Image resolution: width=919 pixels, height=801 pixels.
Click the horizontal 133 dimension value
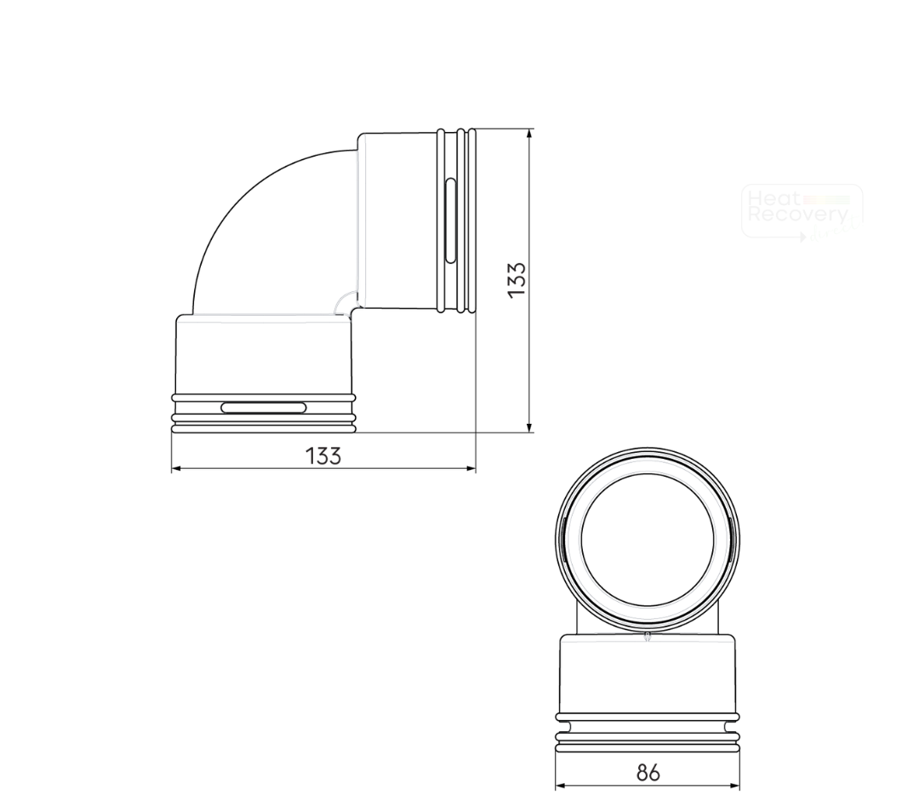(x=323, y=455)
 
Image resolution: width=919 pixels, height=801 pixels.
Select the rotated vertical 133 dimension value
(x=517, y=279)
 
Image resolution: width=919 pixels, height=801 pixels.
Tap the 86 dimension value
(x=648, y=772)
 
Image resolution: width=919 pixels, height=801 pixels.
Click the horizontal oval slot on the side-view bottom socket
(x=264, y=408)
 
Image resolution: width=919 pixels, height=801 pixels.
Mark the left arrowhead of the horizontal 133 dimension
(x=176, y=468)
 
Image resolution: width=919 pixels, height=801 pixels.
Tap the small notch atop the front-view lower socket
(x=648, y=636)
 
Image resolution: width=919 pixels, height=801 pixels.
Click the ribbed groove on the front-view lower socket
(x=648, y=731)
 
